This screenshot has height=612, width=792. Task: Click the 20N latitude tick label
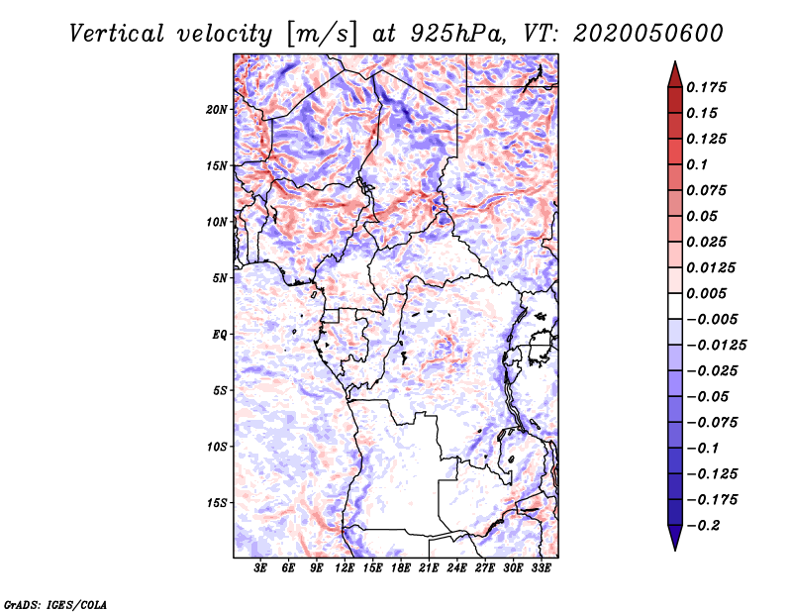tap(217, 110)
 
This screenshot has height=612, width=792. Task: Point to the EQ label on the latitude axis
tap(219, 335)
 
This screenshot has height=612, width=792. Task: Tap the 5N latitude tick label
tap(220, 278)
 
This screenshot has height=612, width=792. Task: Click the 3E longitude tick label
tap(260, 568)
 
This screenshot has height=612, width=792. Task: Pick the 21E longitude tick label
tap(429, 568)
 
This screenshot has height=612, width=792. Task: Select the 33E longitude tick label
tap(541, 568)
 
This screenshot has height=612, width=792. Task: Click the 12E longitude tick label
tap(345, 568)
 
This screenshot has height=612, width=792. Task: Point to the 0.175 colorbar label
tap(706, 87)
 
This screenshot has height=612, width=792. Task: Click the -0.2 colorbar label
tap(703, 526)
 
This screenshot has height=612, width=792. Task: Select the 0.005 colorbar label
tap(706, 293)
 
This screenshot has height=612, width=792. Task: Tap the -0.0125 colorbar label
tap(716, 346)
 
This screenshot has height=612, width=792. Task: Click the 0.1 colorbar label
tap(697, 164)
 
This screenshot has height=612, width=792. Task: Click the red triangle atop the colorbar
tap(675, 75)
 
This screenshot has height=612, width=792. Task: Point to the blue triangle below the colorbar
tap(675, 537)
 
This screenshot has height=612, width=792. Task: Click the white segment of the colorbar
tap(675, 306)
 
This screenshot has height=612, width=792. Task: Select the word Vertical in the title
tap(117, 34)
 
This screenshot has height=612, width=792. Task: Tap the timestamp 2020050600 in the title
tap(647, 34)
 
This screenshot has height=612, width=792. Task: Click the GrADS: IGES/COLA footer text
tap(55, 604)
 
